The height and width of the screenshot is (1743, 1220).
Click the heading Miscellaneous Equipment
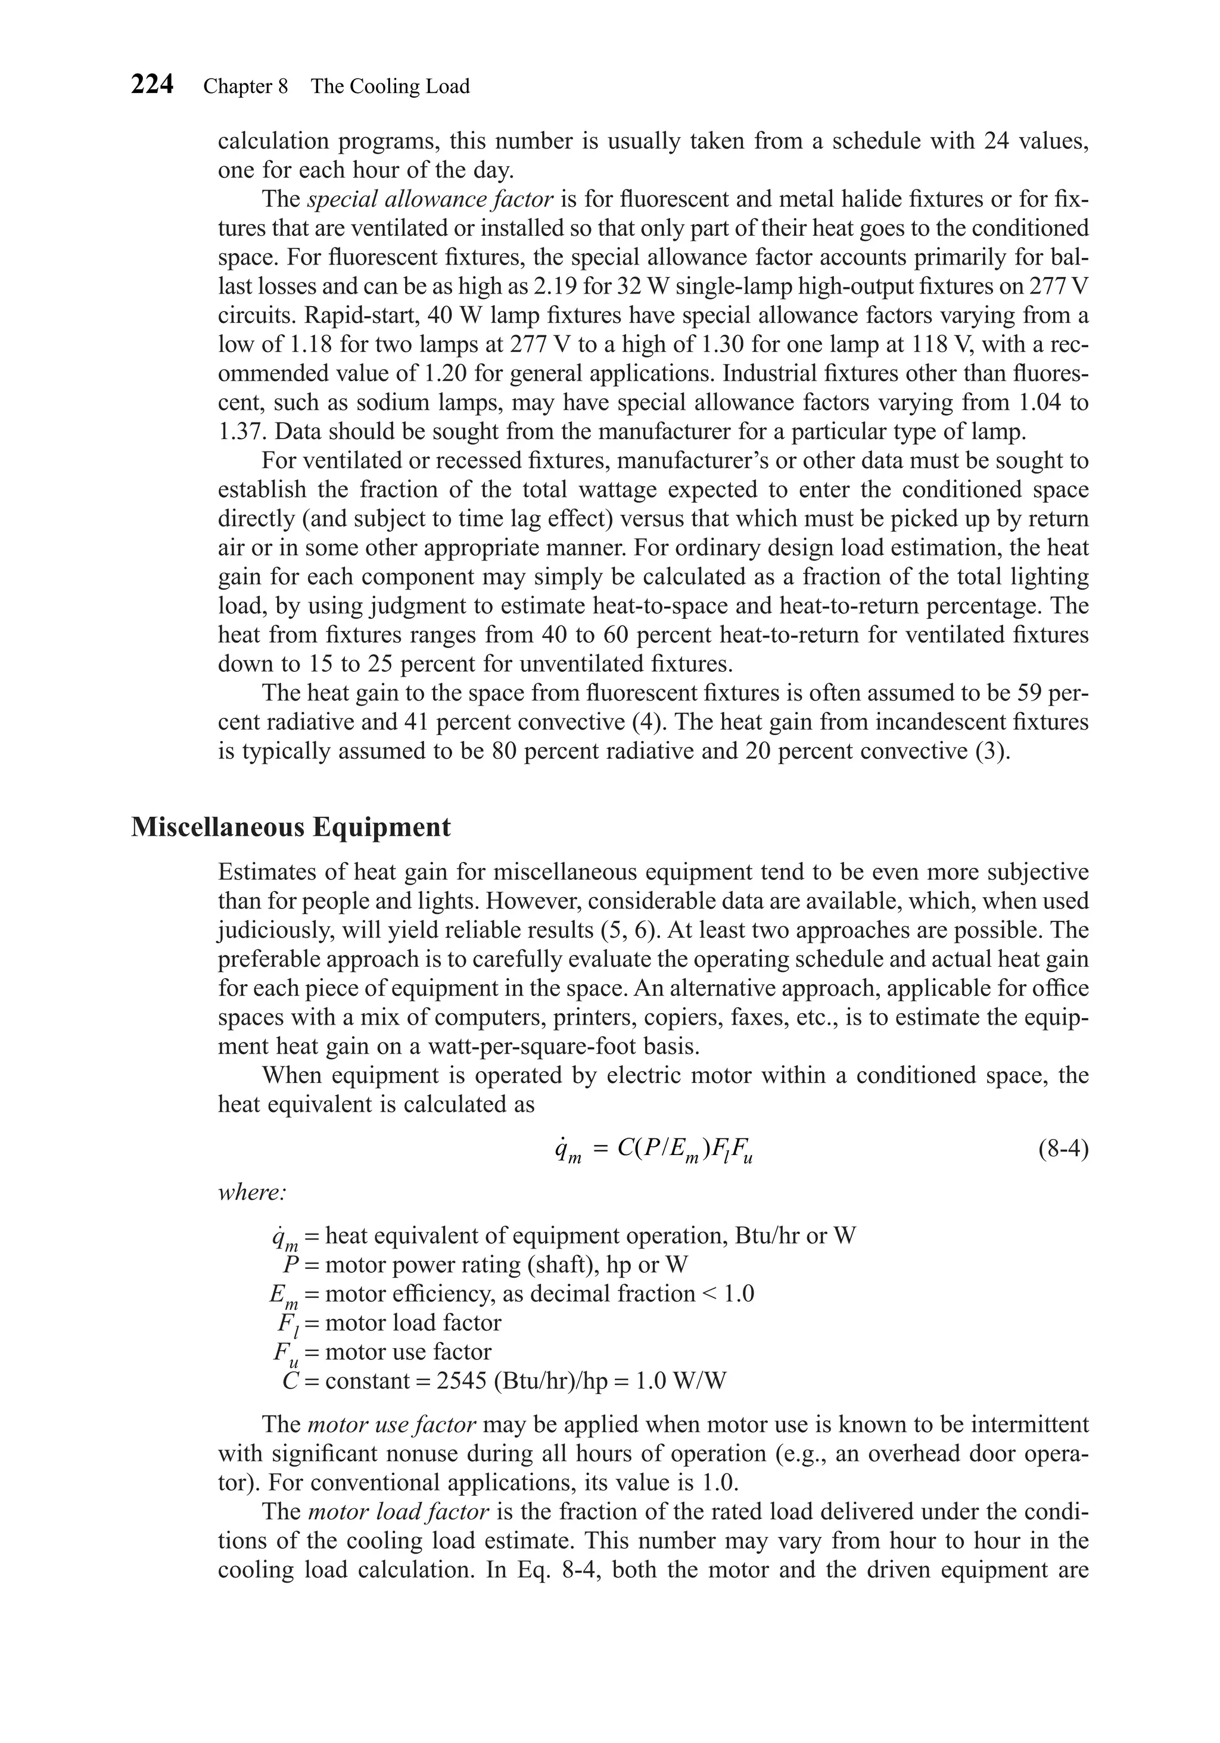pyautogui.click(x=291, y=827)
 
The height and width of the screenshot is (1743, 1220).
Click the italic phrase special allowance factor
pyautogui.click(x=430, y=200)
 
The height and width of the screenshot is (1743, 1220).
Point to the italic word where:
pyautogui.click(x=251, y=1193)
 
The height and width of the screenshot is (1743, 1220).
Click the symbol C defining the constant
pyautogui.click(x=290, y=1380)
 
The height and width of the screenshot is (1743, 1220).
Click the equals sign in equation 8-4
pyautogui.click(x=600, y=1150)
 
